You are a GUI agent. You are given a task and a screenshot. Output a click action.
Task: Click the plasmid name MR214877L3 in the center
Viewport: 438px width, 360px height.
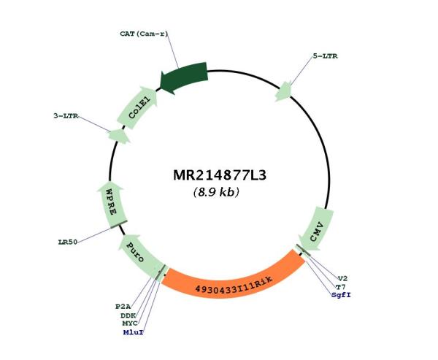(220, 175)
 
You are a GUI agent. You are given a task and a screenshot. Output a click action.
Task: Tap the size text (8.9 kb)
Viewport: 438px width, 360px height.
(216, 192)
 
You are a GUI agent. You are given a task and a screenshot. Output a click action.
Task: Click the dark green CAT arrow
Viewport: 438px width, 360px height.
(185, 77)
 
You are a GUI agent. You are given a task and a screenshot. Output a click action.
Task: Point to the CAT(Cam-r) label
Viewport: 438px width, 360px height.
(144, 34)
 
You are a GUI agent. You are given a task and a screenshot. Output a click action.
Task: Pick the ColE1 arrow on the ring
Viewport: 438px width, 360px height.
(138, 107)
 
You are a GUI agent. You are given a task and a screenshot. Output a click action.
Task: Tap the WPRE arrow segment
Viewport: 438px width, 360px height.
(111, 203)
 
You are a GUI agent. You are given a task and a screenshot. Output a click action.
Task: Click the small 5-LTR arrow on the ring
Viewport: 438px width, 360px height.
(283, 91)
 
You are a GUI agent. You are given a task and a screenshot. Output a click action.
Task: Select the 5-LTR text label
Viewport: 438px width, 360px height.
(325, 56)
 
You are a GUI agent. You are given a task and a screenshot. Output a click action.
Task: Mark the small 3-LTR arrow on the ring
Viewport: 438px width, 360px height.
(119, 136)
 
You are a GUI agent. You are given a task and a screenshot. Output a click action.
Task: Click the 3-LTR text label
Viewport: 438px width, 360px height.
(66, 115)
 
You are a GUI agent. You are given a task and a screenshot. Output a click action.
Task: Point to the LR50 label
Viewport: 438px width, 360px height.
(68, 242)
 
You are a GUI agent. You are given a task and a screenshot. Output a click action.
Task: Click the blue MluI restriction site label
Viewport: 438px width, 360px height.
(134, 332)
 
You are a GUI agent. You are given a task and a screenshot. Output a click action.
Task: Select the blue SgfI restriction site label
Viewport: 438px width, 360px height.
(341, 295)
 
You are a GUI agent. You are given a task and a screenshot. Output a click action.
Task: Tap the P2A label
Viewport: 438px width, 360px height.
(123, 307)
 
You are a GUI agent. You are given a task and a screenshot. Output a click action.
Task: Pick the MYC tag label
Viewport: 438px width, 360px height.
(130, 323)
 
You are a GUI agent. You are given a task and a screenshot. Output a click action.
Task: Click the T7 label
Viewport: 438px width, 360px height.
(340, 287)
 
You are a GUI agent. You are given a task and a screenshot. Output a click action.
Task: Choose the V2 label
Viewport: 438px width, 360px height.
(342, 278)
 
